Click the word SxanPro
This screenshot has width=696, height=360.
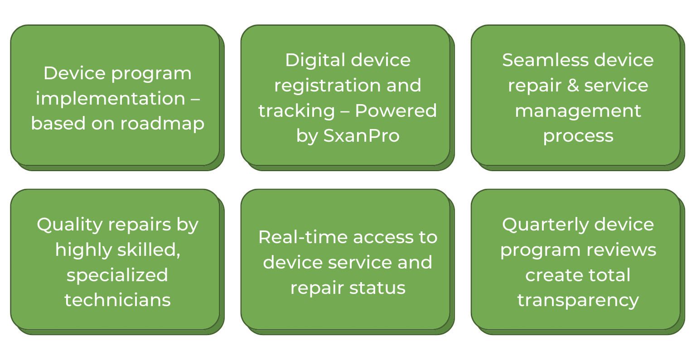361,136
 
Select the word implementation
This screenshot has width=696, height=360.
110,98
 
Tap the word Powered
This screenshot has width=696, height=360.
396,111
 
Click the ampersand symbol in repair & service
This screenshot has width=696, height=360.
573,86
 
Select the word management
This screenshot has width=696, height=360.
578,111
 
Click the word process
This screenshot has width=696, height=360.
578,136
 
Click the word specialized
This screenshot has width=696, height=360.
117,275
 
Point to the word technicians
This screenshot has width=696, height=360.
117,300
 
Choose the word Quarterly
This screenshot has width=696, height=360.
542,225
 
